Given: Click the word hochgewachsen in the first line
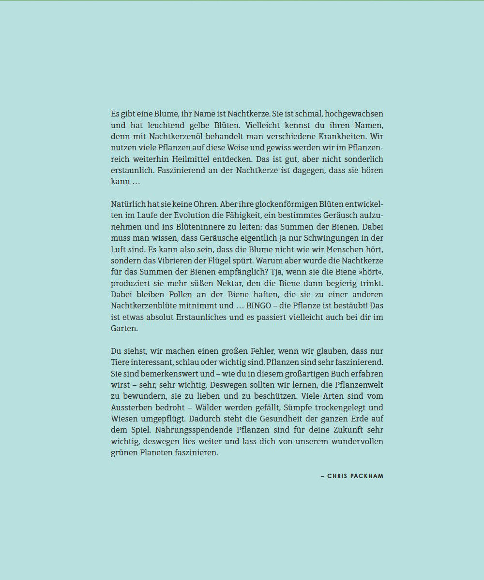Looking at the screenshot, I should pyautogui.click(x=354, y=114).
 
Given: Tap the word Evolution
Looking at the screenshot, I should pyautogui.click(x=185, y=215).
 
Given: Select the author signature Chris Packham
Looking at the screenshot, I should pyautogui.click(x=352, y=476).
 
